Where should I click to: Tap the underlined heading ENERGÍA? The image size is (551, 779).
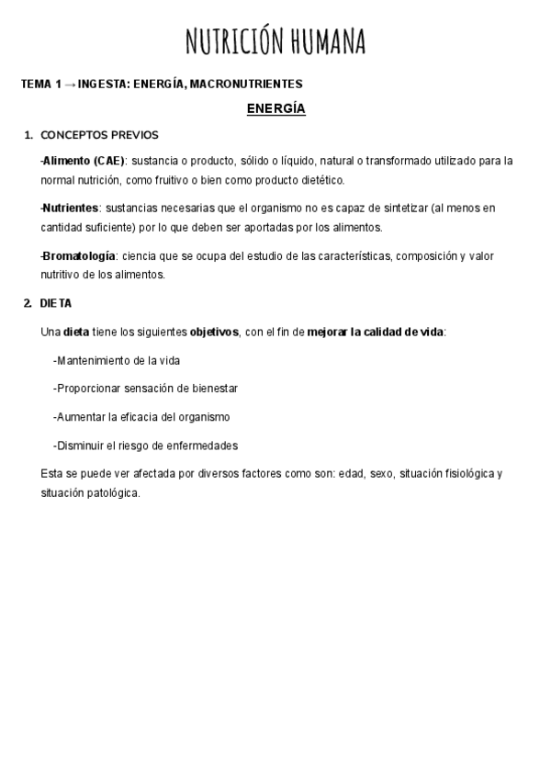pyautogui.click(x=275, y=109)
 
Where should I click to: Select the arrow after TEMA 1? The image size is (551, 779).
pyautogui.click(x=70, y=85)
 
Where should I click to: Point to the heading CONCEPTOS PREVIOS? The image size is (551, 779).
pyautogui.click(x=99, y=135)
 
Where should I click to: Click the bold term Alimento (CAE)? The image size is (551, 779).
pyautogui.click(x=83, y=161)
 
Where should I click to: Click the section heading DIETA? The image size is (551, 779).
pyautogui.click(x=56, y=303)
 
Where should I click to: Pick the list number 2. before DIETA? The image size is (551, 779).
pyautogui.click(x=28, y=303)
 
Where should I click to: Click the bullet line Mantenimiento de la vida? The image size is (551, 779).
pyautogui.click(x=117, y=360)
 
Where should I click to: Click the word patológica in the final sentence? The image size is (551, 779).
pyautogui.click(x=112, y=493)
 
